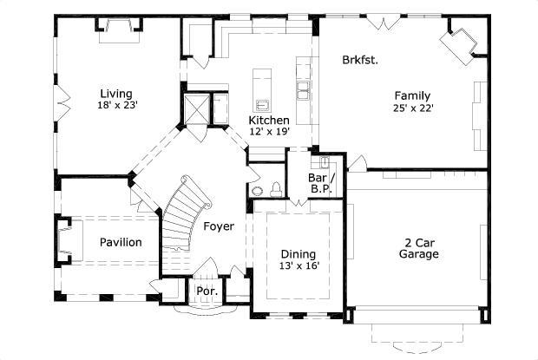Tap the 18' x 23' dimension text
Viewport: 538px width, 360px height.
point(118,105)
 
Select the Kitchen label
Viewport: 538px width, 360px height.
point(268,120)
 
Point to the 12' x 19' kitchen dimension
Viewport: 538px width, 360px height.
point(268,131)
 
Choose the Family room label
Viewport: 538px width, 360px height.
point(412,95)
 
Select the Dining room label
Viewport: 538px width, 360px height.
point(298,254)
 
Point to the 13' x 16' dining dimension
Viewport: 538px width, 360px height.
point(298,266)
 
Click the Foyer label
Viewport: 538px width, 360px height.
point(219,226)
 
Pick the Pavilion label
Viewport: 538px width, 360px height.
point(120,242)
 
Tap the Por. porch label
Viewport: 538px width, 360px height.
point(207,291)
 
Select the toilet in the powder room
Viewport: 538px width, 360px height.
point(276,189)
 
